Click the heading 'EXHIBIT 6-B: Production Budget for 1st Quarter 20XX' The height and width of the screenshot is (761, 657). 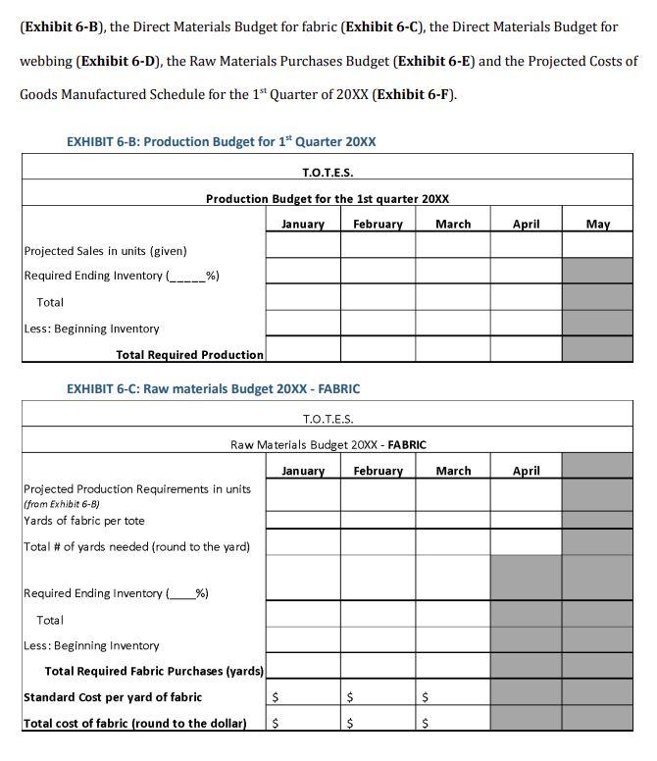click(221, 141)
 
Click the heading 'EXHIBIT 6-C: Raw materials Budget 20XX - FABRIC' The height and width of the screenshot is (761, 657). click(213, 388)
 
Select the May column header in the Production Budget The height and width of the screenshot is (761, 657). click(597, 224)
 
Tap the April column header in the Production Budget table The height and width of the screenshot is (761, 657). click(526, 224)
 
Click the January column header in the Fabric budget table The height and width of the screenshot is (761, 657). click(302, 471)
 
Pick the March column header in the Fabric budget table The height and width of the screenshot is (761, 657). click(452, 471)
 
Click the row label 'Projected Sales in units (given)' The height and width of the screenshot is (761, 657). click(105, 251)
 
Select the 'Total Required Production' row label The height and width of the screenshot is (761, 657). click(189, 354)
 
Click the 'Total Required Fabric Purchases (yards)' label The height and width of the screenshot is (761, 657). click(154, 671)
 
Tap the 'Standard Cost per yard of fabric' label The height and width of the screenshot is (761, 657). click(113, 697)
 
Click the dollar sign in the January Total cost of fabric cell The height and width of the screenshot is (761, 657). click(275, 724)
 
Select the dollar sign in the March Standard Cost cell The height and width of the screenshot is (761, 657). click(425, 698)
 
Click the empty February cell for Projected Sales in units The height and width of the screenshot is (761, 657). click(378, 245)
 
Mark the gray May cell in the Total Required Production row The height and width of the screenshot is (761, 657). click(597, 349)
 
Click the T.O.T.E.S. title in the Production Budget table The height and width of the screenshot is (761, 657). click(328, 173)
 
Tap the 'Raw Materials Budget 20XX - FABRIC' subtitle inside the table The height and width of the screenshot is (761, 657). click(328, 444)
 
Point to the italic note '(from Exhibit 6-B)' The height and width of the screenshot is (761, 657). click(61, 503)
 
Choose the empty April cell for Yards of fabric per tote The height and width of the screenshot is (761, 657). click(526, 517)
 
